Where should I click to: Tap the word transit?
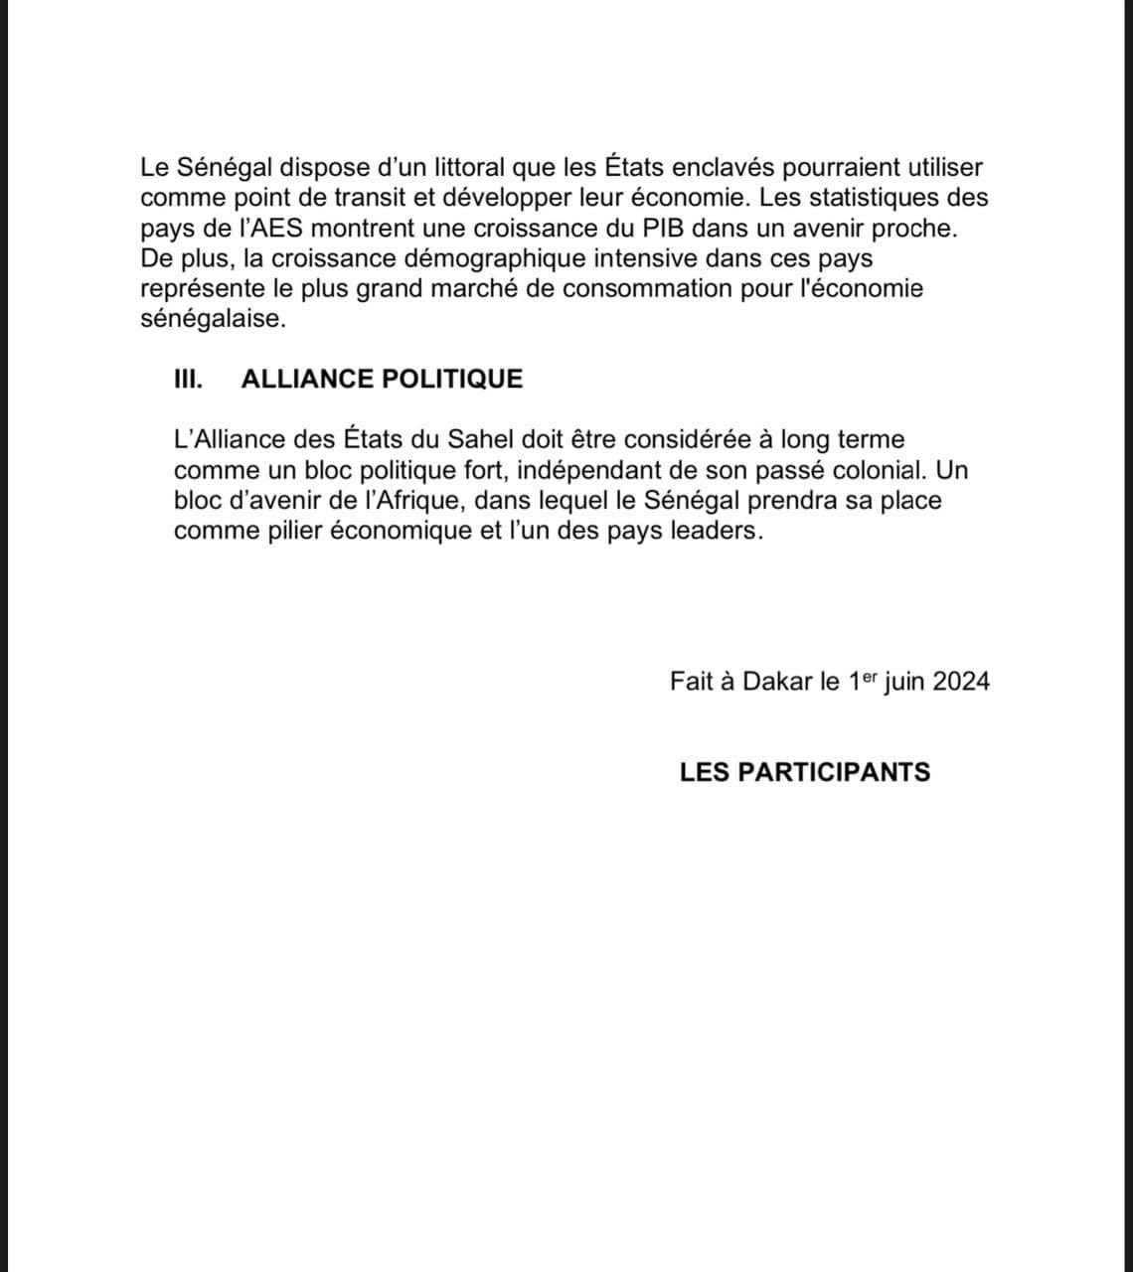coord(365,198)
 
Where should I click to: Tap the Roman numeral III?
coord(189,379)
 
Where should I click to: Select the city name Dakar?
coord(777,682)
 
